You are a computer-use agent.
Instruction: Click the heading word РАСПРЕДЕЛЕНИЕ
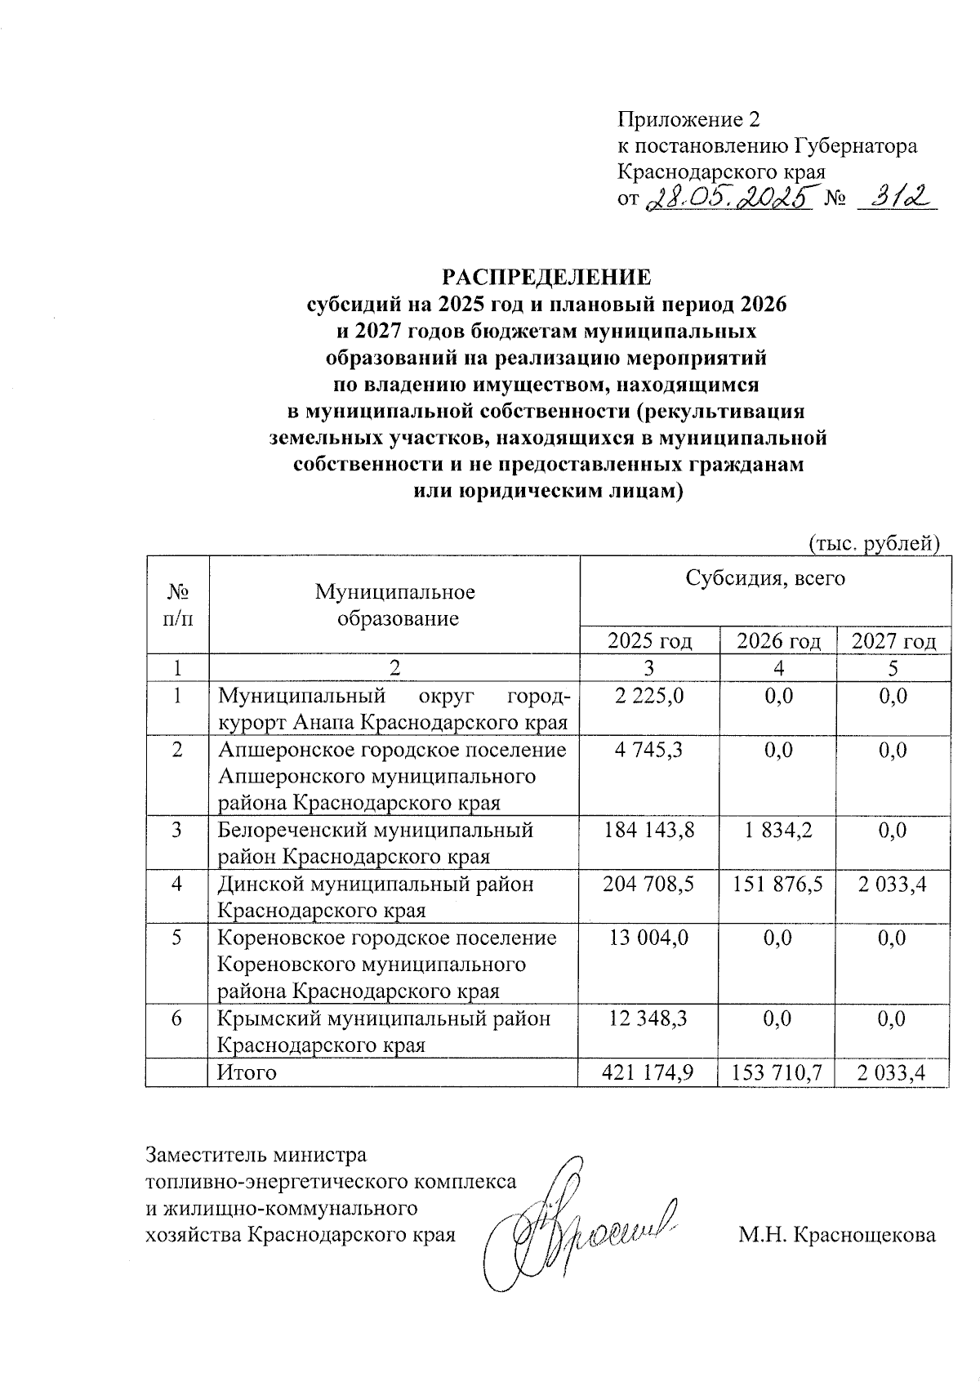tap(546, 276)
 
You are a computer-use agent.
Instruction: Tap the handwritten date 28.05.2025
tap(732, 198)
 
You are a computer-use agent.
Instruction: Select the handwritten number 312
tap(896, 197)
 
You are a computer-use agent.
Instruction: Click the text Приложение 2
tap(688, 120)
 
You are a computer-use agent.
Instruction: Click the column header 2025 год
tap(650, 641)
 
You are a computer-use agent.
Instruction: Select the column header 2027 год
tap(893, 641)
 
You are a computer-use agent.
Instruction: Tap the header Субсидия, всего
tap(765, 579)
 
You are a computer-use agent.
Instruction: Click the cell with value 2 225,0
tap(650, 696)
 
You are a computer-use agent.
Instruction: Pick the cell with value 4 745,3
tap(650, 750)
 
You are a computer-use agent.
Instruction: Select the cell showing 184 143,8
tap(649, 830)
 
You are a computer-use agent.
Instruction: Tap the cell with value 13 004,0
tap(649, 938)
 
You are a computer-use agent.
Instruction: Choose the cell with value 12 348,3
tap(649, 1018)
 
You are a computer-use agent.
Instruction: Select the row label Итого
tap(247, 1072)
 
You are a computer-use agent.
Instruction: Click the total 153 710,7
tap(777, 1072)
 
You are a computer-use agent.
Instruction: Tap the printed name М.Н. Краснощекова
tap(837, 1235)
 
